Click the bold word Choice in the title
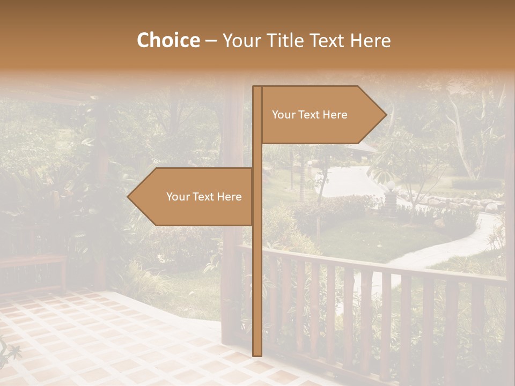click(x=168, y=40)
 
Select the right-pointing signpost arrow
click(x=322, y=115)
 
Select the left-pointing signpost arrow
click(x=193, y=197)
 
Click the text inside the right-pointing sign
click(x=310, y=115)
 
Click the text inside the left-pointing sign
click(x=204, y=197)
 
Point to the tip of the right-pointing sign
click(x=385, y=115)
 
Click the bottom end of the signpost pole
click(x=257, y=354)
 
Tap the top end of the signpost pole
click(x=257, y=88)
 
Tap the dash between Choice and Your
click(x=211, y=41)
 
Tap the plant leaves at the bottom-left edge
click(x=10, y=351)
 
